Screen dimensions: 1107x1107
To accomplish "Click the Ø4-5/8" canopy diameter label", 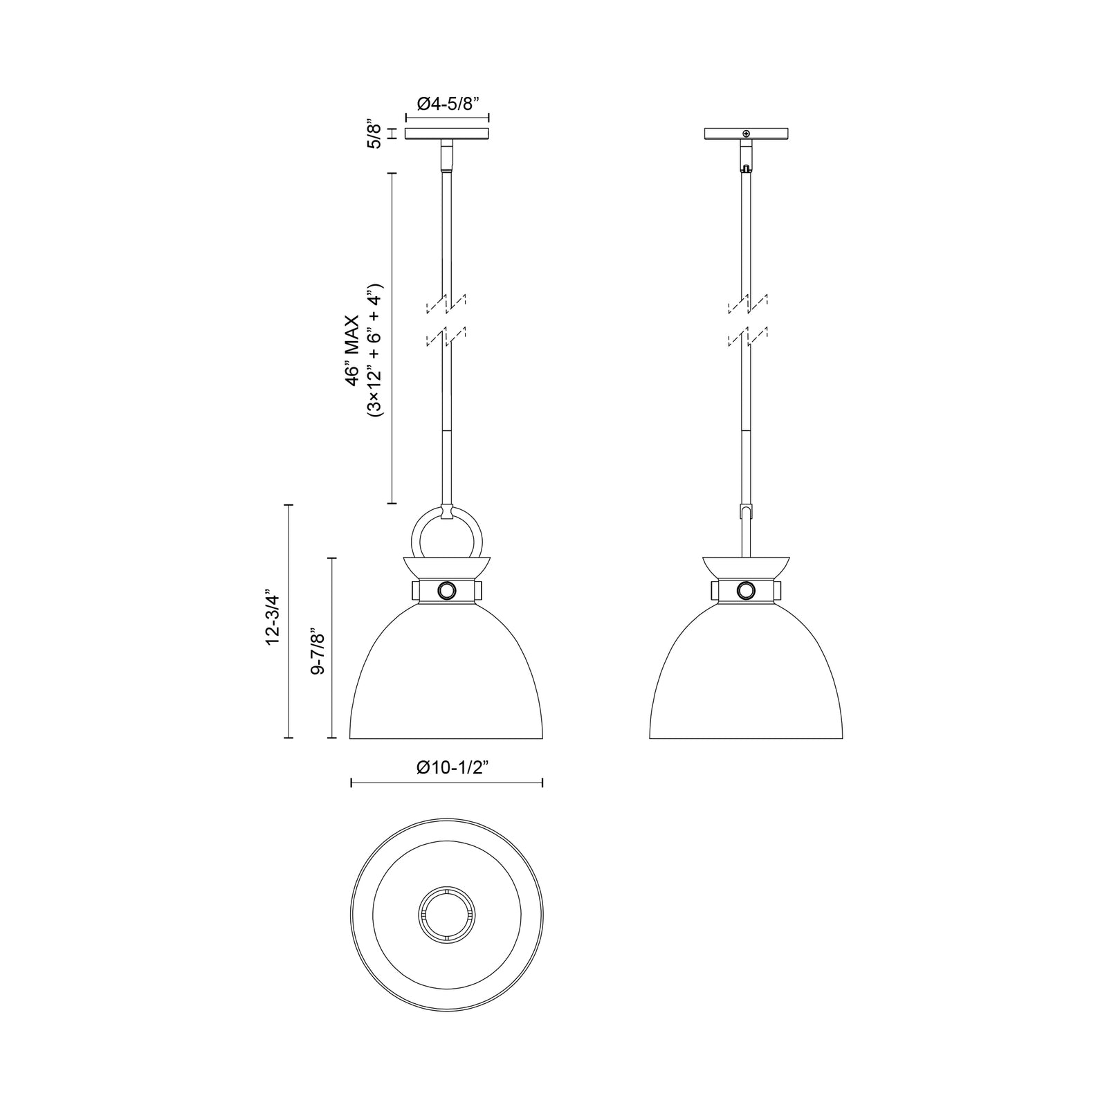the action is pyautogui.click(x=448, y=104).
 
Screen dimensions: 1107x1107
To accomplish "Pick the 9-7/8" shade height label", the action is pyautogui.click(x=317, y=652).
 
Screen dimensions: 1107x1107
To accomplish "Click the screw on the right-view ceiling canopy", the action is pyautogui.click(x=746, y=134).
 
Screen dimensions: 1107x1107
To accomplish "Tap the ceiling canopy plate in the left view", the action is pyautogui.click(x=447, y=134).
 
